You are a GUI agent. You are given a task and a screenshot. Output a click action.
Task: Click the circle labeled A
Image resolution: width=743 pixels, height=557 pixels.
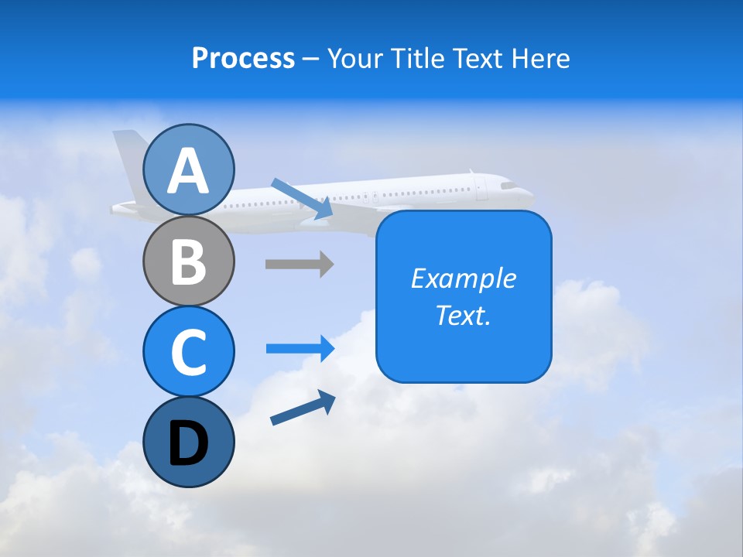[x=188, y=170]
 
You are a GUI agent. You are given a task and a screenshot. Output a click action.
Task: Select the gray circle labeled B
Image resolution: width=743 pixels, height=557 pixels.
[x=188, y=261]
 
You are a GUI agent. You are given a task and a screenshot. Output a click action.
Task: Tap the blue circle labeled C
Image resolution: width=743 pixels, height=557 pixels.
[x=188, y=351]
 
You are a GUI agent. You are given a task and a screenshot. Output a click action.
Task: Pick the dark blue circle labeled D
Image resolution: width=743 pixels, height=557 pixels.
[x=188, y=442]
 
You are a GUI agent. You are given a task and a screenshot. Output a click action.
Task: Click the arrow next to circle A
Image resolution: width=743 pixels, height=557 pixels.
[x=302, y=198]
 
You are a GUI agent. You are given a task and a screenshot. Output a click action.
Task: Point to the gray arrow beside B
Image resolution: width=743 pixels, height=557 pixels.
[x=299, y=264]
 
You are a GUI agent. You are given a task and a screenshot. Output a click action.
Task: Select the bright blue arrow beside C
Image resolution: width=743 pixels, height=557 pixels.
[x=300, y=348]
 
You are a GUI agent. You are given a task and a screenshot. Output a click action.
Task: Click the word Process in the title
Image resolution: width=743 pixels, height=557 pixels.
[x=243, y=58]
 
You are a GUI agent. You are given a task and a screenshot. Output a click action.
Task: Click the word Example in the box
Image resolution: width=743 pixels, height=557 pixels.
[x=463, y=278]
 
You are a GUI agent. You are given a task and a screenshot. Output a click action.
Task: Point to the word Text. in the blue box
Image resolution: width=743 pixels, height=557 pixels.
[x=463, y=315]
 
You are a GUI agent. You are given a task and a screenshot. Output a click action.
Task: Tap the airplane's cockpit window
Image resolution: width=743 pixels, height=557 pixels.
[x=508, y=186]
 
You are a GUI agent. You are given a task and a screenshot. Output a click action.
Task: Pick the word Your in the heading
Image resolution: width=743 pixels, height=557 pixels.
[x=354, y=58]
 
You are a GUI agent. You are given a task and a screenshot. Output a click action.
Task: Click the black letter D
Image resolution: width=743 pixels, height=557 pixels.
[x=188, y=443]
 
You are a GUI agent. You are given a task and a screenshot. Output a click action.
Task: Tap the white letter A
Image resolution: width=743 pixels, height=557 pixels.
[x=188, y=171]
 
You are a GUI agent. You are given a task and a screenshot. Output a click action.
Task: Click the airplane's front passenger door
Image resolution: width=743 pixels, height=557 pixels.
[x=481, y=188]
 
